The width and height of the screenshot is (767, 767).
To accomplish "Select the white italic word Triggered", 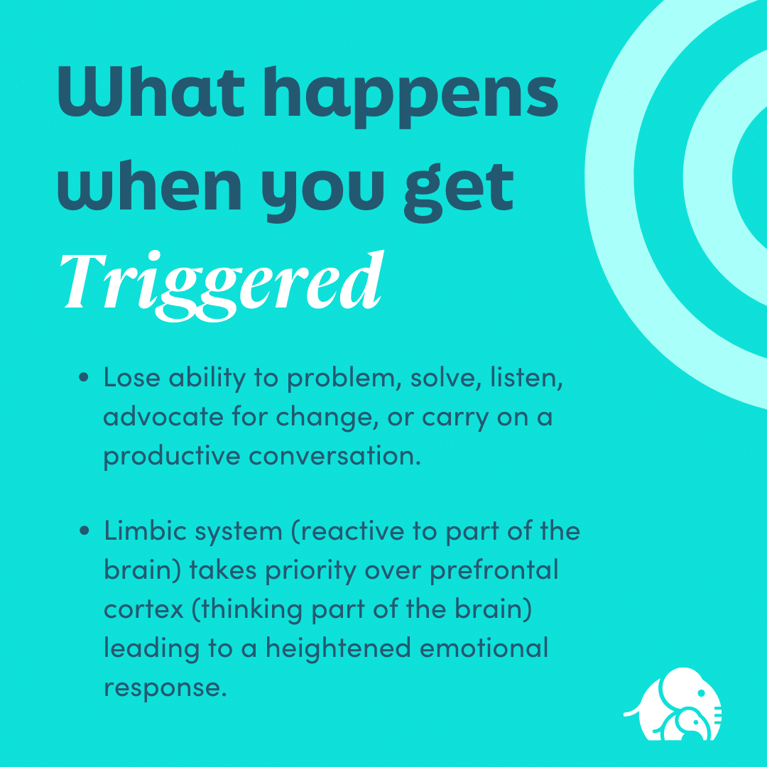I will click(x=219, y=281).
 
